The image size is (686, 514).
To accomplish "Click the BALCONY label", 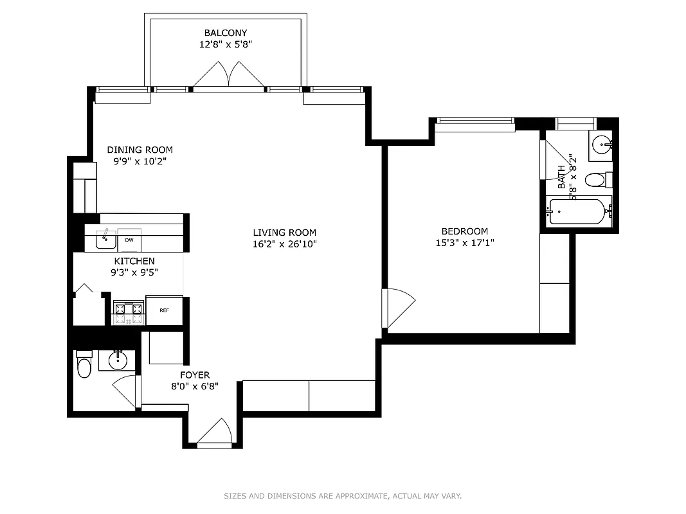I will (225, 33).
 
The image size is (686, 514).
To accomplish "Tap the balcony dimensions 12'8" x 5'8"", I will (225, 44).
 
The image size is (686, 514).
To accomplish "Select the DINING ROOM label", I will (140, 150).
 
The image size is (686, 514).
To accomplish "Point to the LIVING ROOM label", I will (284, 232).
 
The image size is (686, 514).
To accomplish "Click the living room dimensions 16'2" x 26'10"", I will (284, 244).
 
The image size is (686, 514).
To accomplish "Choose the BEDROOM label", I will (464, 231).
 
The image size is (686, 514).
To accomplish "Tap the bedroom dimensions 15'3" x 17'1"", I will (464, 242).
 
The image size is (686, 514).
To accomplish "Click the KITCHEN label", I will (134, 261).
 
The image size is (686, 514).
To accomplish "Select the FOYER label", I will (194, 375).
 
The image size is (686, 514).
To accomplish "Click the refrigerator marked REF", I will (165, 310).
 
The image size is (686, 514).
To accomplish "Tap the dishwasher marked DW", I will (129, 240).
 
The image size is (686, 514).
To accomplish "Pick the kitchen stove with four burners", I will (128, 313).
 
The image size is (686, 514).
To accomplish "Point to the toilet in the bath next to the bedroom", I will (598, 179).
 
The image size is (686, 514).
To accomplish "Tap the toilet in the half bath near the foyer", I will (84, 366).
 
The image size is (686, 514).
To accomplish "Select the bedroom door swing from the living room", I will (397, 308).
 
